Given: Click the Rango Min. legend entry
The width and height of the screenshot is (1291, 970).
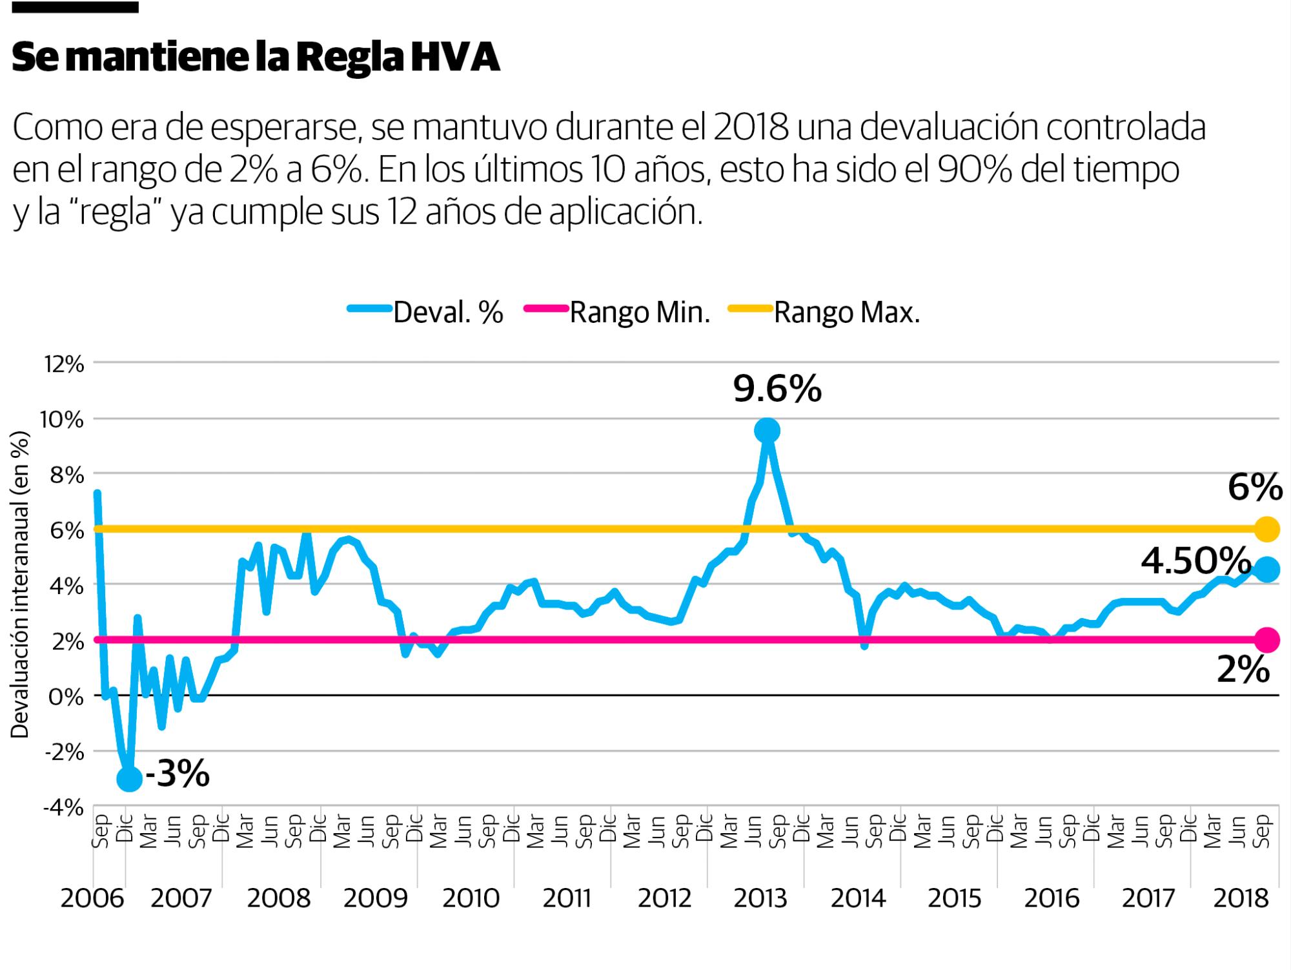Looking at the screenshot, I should click(639, 313).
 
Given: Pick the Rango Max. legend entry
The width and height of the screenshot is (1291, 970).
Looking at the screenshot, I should click(846, 313).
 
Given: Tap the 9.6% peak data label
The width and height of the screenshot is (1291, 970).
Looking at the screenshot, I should click(777, 390).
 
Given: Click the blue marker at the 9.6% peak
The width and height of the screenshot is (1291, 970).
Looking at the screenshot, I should click(767, 430).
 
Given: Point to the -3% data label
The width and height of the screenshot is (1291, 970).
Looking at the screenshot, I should click(178, 773).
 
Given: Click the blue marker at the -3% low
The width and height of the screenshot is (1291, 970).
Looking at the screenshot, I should click(129, 778).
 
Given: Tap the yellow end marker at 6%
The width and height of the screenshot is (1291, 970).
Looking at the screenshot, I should click(1267, 529).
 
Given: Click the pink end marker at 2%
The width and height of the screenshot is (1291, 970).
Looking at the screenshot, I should click(1267, 640).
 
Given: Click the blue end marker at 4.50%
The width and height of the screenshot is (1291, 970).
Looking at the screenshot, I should click(1267, 570).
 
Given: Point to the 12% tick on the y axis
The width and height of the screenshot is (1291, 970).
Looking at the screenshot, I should click(64, 365).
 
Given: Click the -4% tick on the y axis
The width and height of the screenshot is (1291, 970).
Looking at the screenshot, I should click(64, 808).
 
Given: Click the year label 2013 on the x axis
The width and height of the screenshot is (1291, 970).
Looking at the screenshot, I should click(760, 898).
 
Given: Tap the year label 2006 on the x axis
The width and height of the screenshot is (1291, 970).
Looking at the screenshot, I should click(92, 898).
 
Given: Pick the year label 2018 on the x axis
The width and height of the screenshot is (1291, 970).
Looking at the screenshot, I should click(1241, 898).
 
